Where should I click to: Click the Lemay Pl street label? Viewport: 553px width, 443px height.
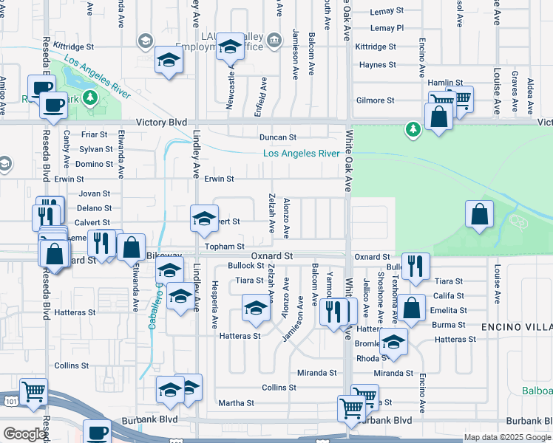(x=387, y=28)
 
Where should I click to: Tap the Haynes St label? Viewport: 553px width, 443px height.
(x=378, y=65)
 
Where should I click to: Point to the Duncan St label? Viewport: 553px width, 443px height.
(x=277, y=137)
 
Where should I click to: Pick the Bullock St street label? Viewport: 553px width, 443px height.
(x=245, y=265)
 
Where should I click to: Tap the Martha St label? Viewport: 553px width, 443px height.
(x=237, y=403)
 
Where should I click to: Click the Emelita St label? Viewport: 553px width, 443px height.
(x=449, y=310)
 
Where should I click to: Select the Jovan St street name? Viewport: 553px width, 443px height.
(x=95, y=193)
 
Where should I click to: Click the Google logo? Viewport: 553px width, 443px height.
(x=24, y=435)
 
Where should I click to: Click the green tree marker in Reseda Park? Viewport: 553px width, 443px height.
(x=90, y=97)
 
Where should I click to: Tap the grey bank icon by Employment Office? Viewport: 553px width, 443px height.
(x=274, y=39)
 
